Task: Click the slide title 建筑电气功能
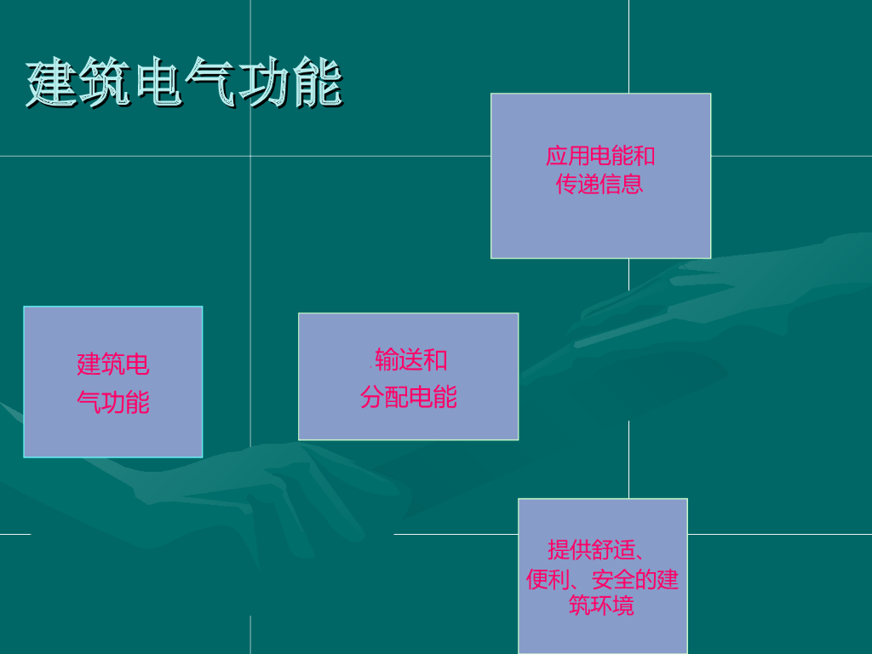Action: (x=184, y=83)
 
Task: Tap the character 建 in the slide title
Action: (x=51, y=83)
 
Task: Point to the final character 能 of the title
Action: (x=317, y=83)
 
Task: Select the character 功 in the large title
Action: (x=264, y=83)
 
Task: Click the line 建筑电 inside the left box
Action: (x=113, y=364)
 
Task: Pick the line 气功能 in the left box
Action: (x=113, y=402)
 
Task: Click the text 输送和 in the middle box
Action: (x=411, y=360)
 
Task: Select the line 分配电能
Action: (x=409, y=397)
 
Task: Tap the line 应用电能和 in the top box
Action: (x=600, y=156)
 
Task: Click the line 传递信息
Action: (x=600, y=184)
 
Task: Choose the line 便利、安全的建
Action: (x=602, y=580)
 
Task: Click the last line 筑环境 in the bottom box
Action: (x=601, y=606)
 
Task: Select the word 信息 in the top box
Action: (x=622, y=184)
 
